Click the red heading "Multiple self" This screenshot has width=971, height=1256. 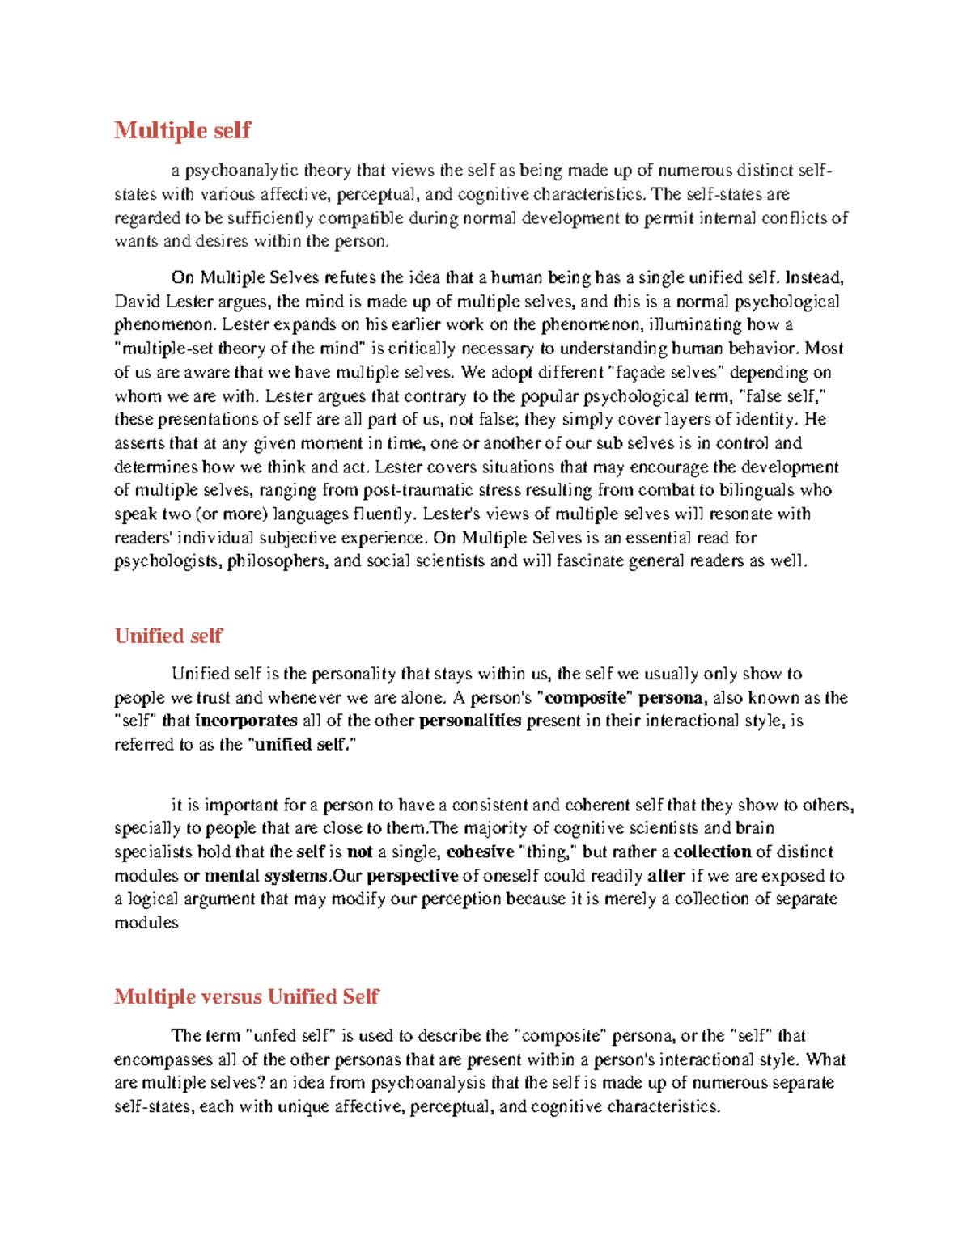[182, 130]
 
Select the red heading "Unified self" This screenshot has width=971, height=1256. [168, 636]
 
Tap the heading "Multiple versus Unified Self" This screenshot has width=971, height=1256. [246, 996]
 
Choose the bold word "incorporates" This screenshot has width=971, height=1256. [247, 721]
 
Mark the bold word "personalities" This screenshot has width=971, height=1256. [470, 721]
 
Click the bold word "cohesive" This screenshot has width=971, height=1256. [481, 852]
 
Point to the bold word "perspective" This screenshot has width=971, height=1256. [413, 876]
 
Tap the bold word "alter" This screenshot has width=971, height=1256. [667, 876]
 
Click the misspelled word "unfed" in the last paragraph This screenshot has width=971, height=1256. [276, 1036]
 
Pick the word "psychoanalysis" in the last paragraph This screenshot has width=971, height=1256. [429, 1083]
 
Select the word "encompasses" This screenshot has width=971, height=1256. [163, 1059]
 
